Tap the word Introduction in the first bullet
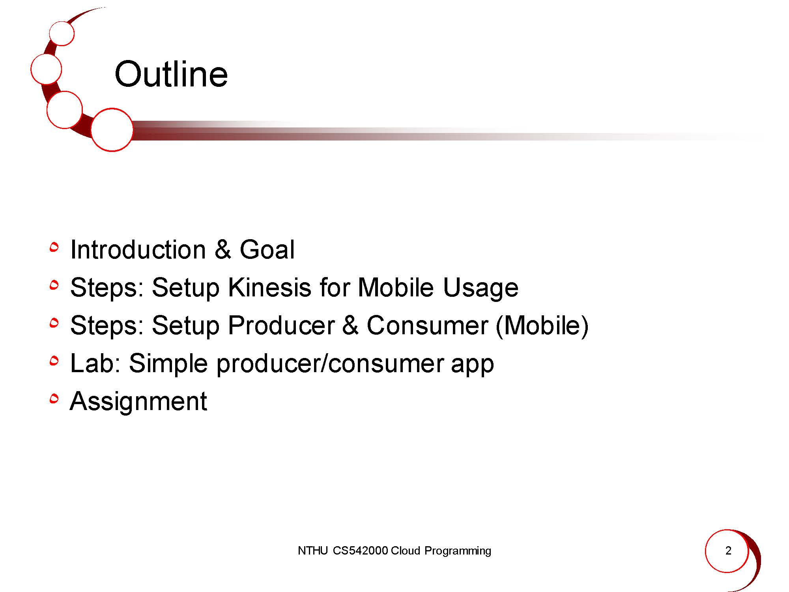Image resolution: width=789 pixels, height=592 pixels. (138, 250)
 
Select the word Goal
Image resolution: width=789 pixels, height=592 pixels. (267, 250)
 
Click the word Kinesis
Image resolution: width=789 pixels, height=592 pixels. (270, 287)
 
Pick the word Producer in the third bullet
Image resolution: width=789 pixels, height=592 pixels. (281, 326)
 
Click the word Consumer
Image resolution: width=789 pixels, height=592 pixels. (428, 326)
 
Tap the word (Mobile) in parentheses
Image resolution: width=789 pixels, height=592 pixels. (542, 326)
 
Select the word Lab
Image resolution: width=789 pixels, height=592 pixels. (95, 363)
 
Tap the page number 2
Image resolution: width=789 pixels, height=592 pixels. (728, 551)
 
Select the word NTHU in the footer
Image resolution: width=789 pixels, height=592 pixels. (313, 551)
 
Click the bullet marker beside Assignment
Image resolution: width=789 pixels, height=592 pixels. (54, 399)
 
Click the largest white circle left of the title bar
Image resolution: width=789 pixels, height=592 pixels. (112, 129)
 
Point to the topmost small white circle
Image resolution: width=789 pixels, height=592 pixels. (62, 33)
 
